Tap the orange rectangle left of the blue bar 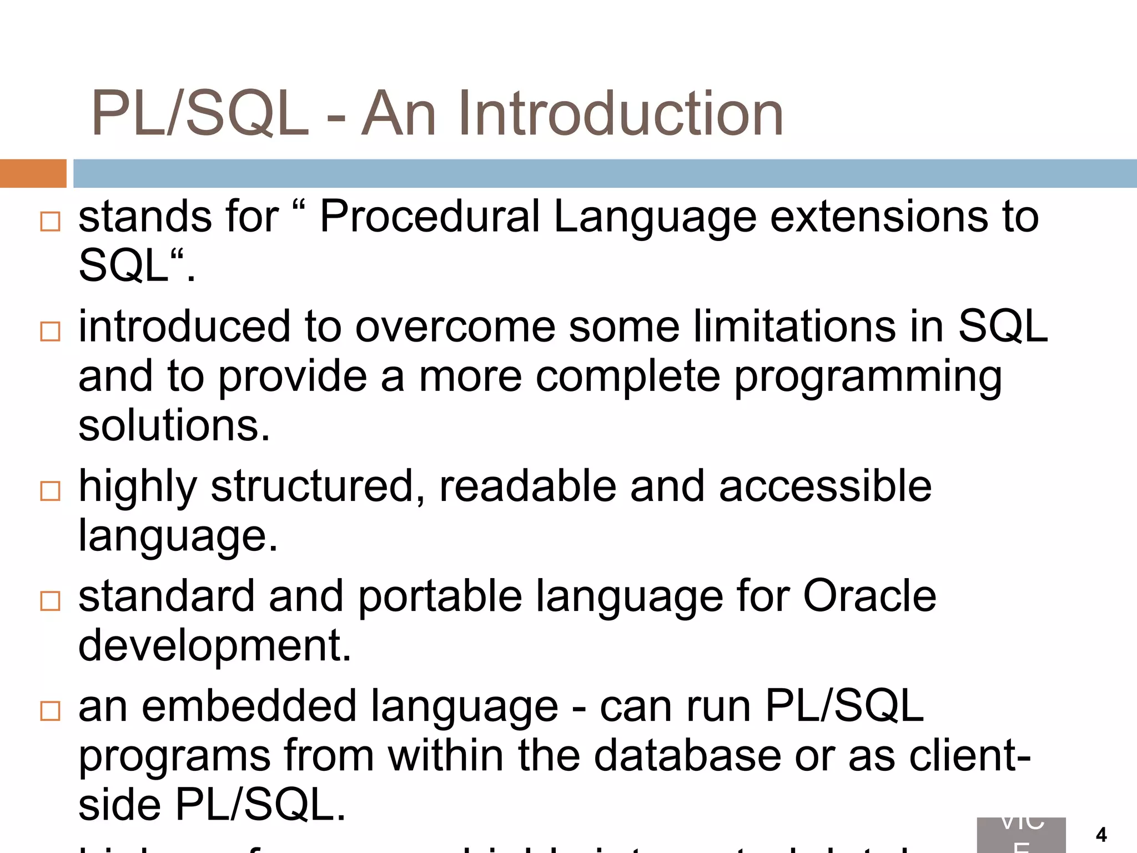point(33,173)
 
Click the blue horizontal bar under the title point(605,173)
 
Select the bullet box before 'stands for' point(51,221)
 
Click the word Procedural point(430,217)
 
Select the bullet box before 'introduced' point(51,332)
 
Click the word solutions point(174,426)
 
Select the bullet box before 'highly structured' point(51,491)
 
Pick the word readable point(527,486)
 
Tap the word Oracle point(869,596)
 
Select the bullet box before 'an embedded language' point(51,711)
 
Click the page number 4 point(1101,835)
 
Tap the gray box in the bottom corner point(1021,835)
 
